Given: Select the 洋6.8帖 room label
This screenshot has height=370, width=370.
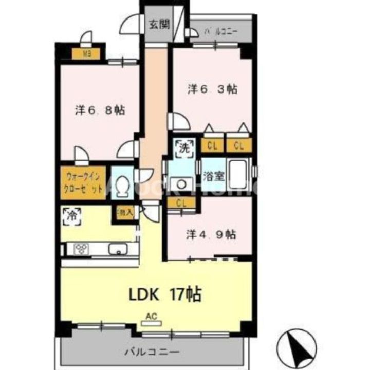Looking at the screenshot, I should point(100,110).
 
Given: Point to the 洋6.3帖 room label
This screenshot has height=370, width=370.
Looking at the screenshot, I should point(212,89).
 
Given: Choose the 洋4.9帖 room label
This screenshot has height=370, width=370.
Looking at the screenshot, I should point(211,234).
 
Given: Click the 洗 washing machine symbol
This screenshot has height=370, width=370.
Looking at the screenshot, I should point(184,147).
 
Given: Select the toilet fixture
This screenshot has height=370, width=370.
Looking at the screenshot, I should point(122,188).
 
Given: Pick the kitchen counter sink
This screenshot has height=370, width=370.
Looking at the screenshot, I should point(118,250).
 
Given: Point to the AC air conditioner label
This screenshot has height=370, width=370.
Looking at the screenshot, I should point(151,317).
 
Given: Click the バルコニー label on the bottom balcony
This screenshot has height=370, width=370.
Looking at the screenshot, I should point(152,353).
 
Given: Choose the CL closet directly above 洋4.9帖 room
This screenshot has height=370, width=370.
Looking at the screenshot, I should point(181,202).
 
